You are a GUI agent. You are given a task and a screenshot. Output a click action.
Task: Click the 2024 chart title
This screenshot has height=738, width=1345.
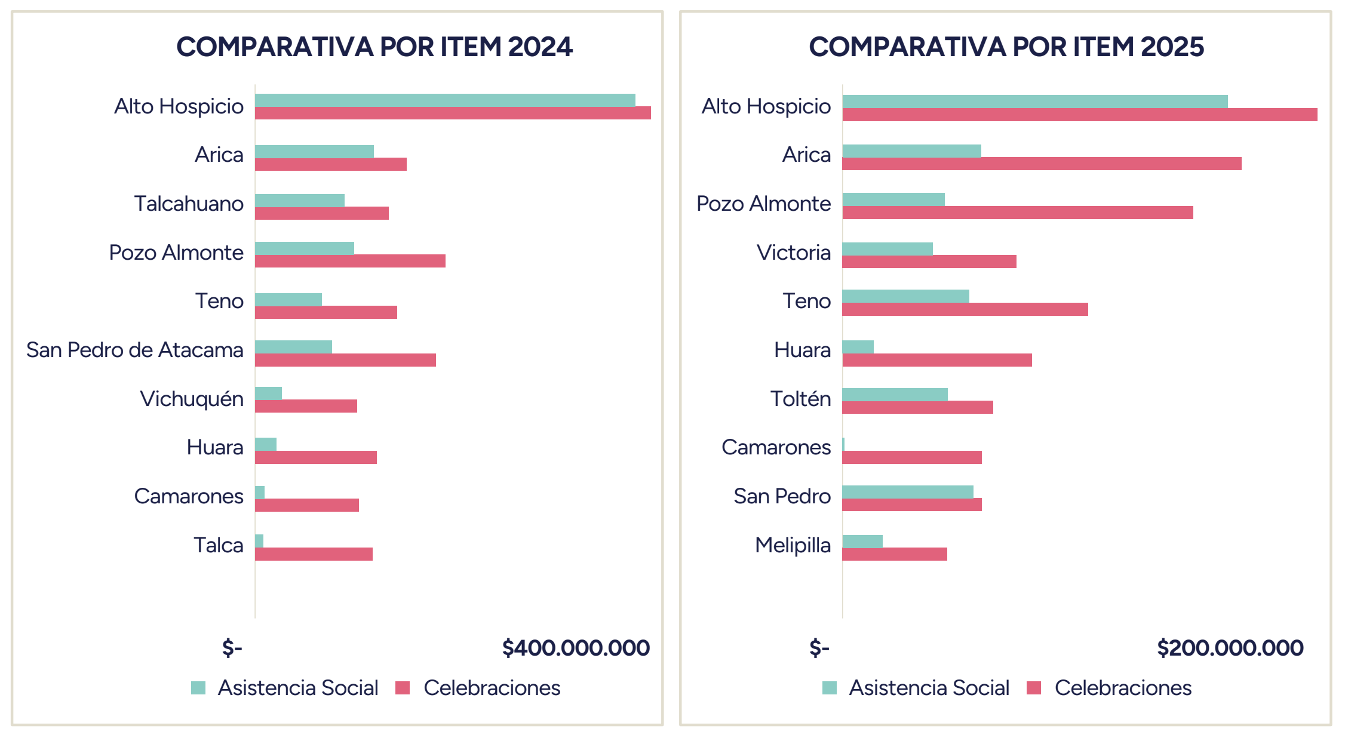pos(374,47)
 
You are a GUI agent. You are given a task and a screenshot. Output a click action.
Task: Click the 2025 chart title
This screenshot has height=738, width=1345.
pos(1006,47)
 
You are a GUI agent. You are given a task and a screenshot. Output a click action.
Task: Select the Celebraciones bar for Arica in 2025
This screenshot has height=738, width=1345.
pos(1042,164)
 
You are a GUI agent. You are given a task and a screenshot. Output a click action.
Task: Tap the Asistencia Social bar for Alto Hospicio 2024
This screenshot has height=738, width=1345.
pos(445,100)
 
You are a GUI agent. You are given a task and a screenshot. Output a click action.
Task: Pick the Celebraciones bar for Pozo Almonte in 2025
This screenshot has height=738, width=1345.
pos(1018,213)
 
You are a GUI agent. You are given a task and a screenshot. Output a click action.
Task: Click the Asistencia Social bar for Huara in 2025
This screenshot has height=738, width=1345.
pos(858,347)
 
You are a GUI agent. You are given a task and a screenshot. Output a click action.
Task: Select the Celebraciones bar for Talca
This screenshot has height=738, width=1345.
pos(314,554)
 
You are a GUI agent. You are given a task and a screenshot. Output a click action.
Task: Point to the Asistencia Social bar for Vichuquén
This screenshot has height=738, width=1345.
pos(268,393)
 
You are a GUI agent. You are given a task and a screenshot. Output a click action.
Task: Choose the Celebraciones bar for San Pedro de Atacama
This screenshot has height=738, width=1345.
pos(345,360)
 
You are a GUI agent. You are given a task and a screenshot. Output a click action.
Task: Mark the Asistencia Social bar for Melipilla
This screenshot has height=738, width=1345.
pos(862,542)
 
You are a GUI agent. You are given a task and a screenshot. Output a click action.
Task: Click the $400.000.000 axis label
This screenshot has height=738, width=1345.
pos(576,648)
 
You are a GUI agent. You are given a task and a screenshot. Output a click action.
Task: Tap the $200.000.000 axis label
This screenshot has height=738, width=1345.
pos(1230,648)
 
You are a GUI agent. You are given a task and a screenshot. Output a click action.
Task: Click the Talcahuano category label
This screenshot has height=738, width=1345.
pos(189,204)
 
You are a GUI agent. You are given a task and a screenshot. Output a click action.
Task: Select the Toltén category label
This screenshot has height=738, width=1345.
pos(800,398)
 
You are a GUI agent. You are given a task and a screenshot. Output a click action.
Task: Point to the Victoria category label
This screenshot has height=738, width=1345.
pos(794,253)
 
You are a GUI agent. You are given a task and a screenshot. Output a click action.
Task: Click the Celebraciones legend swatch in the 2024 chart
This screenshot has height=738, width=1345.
pos(403,688)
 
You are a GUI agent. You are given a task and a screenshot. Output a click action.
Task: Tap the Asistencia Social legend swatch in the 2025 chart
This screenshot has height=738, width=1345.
pos(830,688)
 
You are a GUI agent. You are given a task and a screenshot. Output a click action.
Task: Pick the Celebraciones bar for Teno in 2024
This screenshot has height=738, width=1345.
pos(326,312)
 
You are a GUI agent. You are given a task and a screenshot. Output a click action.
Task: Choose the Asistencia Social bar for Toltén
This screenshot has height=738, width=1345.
pos(895,395)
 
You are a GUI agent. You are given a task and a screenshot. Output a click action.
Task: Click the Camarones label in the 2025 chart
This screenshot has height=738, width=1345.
pos(776,447)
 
